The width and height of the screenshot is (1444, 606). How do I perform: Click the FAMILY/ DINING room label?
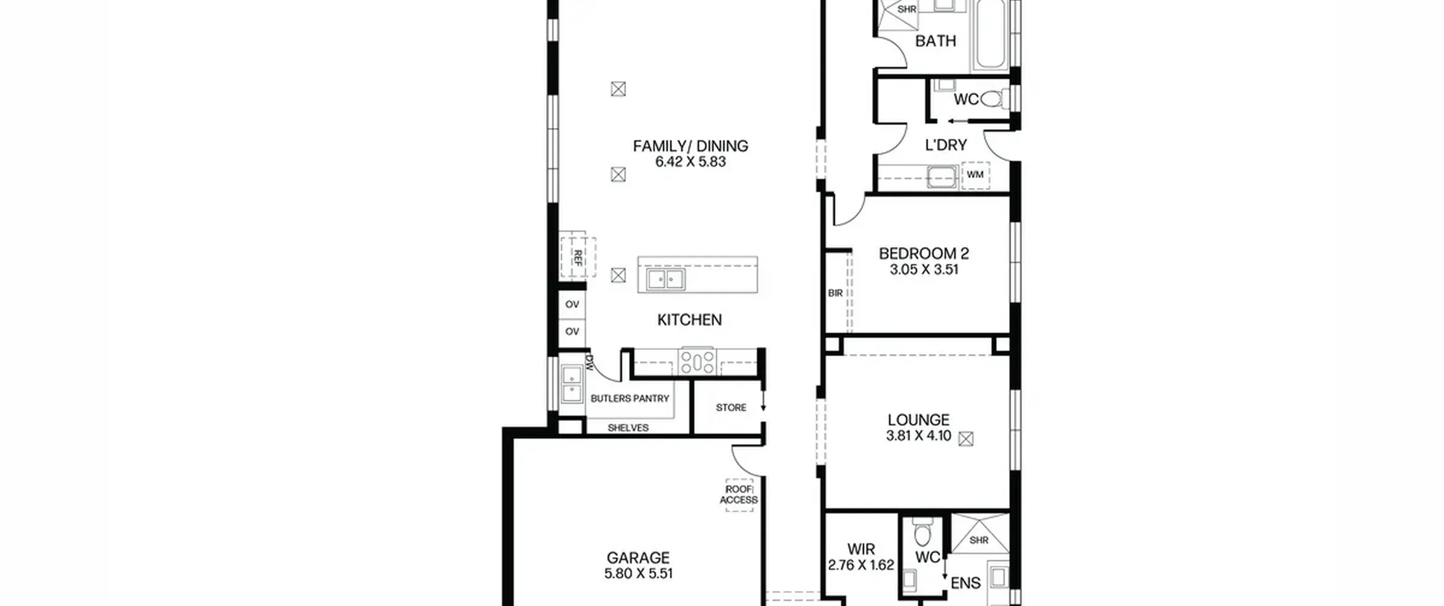tap(690, 146)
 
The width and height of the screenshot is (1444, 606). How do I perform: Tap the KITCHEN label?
tap(689, 320)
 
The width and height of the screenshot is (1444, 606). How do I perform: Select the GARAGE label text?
tap(638, 558)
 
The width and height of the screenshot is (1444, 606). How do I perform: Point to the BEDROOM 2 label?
tap(924, 254)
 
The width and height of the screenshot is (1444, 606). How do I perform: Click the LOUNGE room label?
tap(918, 420)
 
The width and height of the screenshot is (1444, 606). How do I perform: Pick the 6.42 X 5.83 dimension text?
tap(690, 162)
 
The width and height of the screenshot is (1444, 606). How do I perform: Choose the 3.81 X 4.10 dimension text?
tap(918, 436)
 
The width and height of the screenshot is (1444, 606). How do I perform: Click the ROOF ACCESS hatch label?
tap(739, 495)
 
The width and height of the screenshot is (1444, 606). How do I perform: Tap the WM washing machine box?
tap(975, 175)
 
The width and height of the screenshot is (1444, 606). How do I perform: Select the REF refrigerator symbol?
tap(578, 257)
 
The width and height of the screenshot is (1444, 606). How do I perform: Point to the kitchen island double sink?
tap(666, 279)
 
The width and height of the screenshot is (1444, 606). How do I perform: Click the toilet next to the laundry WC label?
tap(991, 100)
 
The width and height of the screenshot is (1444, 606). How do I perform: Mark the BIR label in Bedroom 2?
tap(835, 293)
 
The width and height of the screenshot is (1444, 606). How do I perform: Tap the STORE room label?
tap(731, 408)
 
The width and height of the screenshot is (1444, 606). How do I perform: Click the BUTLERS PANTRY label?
tap(629, 399)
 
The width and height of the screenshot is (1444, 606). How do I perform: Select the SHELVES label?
tap(628, 428)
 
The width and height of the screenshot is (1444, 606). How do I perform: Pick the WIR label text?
tap(861, 549)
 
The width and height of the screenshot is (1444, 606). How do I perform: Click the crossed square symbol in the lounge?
tap(966, 439)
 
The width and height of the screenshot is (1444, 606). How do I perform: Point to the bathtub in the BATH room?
tap(990, 35)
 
